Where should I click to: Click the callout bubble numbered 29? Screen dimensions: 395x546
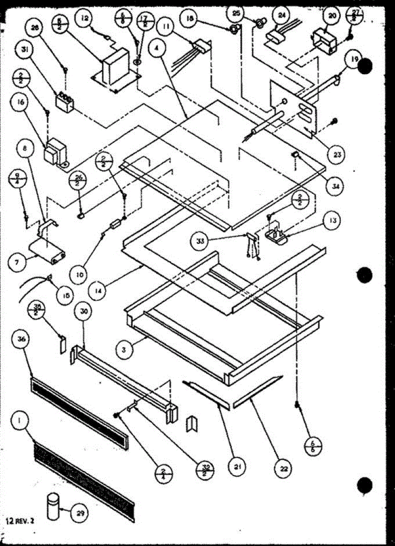click(x=80, y=514)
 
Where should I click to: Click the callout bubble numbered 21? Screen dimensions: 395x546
click(x=237, y=466)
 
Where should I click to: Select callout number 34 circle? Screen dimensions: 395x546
click(x=337, y=186)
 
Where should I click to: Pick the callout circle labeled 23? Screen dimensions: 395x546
click(x=337, y=154)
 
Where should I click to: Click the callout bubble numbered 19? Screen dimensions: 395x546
click(x=354, y=59)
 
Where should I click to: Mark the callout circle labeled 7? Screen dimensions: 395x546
click(x=18, y=263)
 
